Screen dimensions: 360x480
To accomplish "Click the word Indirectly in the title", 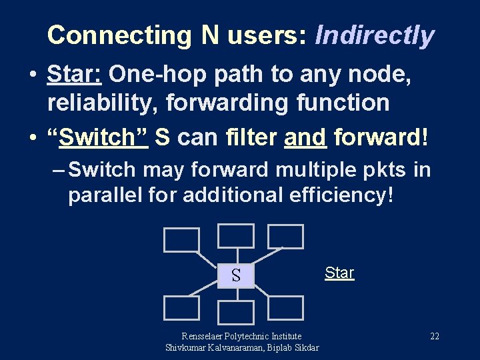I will point(375,35).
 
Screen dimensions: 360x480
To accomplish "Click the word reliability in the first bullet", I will point(103,103).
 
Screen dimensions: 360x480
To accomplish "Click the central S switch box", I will point(236,275).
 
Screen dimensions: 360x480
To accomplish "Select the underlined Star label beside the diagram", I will point(339,273).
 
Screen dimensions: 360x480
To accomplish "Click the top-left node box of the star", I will point(181,240).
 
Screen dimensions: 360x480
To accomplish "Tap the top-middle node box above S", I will point(236,236).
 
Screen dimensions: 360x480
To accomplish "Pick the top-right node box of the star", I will point(285,237).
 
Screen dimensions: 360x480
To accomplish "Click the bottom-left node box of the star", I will point(181,308).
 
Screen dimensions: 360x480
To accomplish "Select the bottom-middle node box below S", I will point(236,313).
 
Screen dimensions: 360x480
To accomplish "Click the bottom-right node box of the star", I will point(285,308).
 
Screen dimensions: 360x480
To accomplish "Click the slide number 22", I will point(434,337).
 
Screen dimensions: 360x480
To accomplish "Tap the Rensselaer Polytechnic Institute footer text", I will point(241,337).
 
